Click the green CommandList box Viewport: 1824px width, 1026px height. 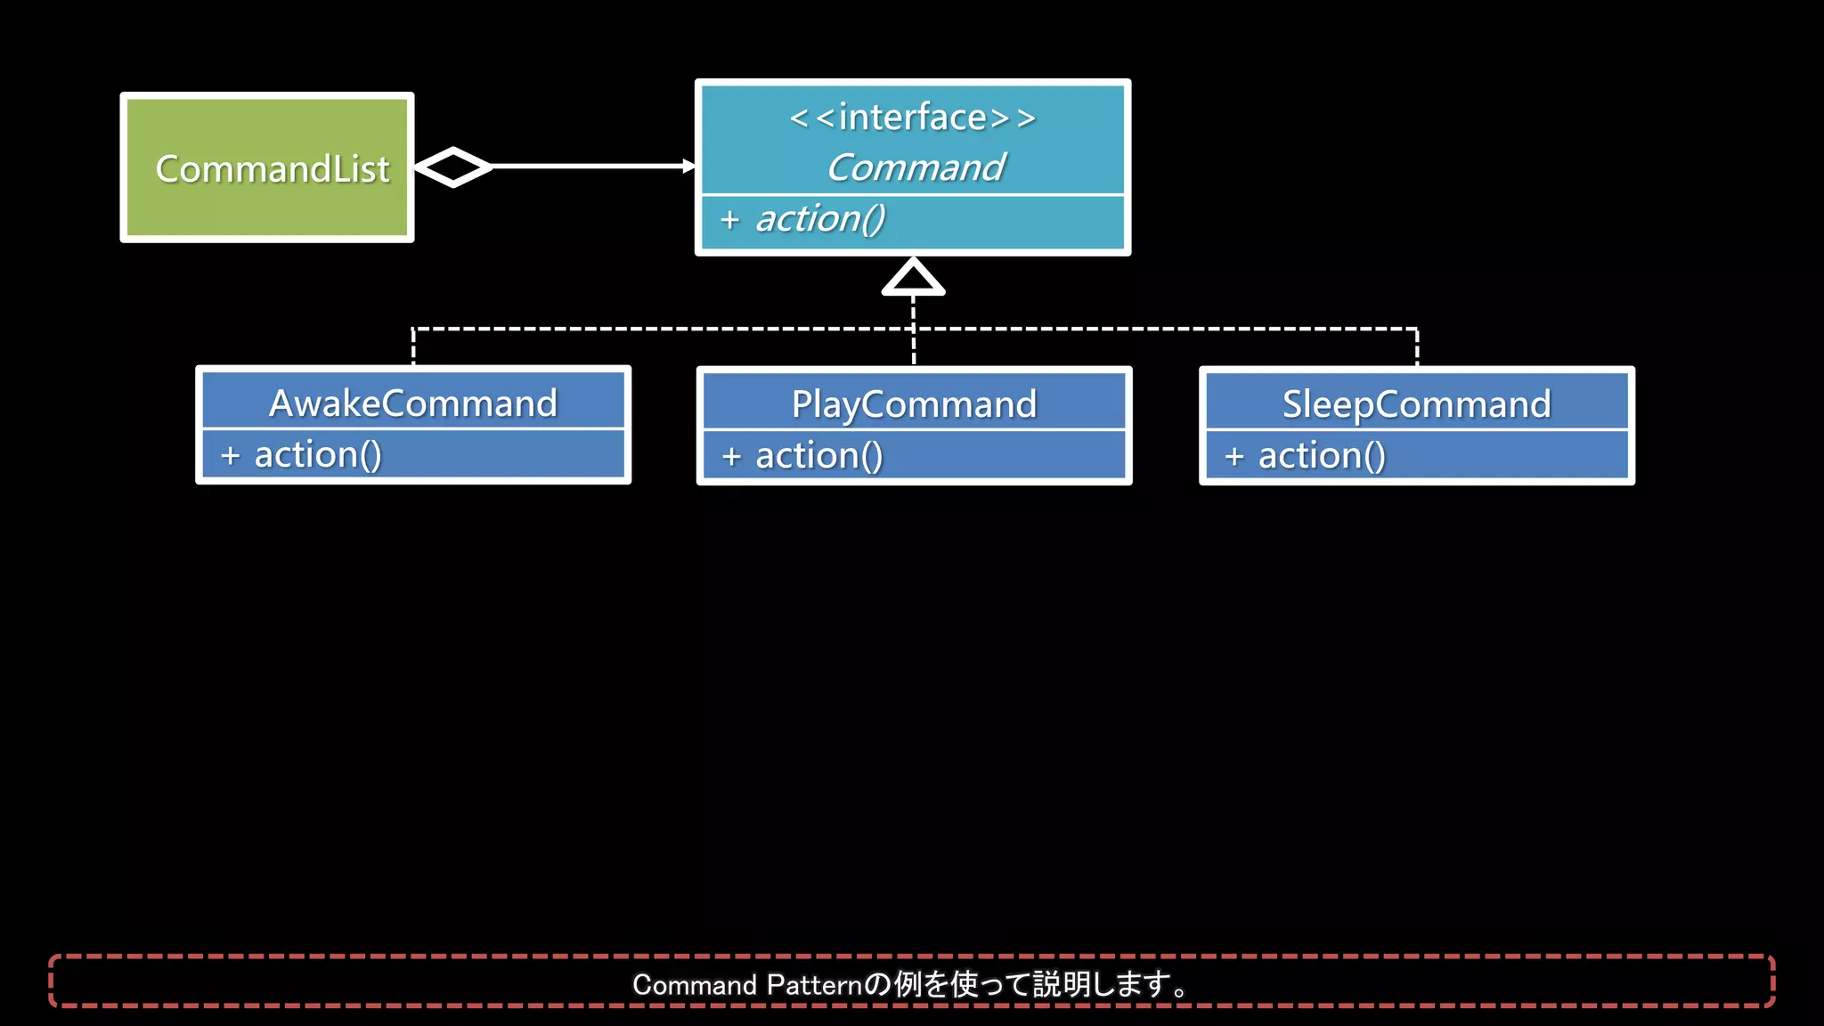pyautogui.click(x=267, y=167)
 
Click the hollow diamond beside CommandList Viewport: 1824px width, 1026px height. pyautogui.click(x=453, y=167)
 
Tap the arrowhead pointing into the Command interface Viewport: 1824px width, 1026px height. pyautogui.click(x=688, y=167)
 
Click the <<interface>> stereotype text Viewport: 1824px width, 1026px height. pyautogui.click(x=913, y=118)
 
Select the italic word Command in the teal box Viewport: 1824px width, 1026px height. pyautogui.click(x=916, y=167)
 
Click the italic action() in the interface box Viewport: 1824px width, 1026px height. pyautogui.click(x=820, y=219)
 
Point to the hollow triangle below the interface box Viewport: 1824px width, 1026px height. pyautogui.click(x=913, y=277)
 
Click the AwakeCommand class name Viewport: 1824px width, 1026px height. pyautogui.click(x=413, y=403)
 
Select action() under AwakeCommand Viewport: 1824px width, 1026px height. pyautogui.click(x=318, y=455)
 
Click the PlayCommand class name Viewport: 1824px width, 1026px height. pyautogui.click(x=915, y=404)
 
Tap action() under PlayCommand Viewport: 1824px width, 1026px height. pyautogui.click(x=819, y=456)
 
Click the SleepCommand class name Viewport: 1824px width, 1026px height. pyautogui.click(x=1416, y=404)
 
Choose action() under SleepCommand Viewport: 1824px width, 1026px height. pyautogui.click(x=1322, y=456)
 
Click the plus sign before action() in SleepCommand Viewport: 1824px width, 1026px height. pyautogui.click(x=1234, y=457)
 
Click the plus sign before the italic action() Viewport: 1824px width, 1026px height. pyautogui.click(x=730, y=220)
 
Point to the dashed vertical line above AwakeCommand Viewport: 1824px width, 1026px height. pyautogui.click(x=413, y=347)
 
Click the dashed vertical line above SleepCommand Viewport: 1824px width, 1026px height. pyautogui.click(x=1416, y=347)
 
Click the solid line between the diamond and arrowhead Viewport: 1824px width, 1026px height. pyautogui.click(x=588, y=167)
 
